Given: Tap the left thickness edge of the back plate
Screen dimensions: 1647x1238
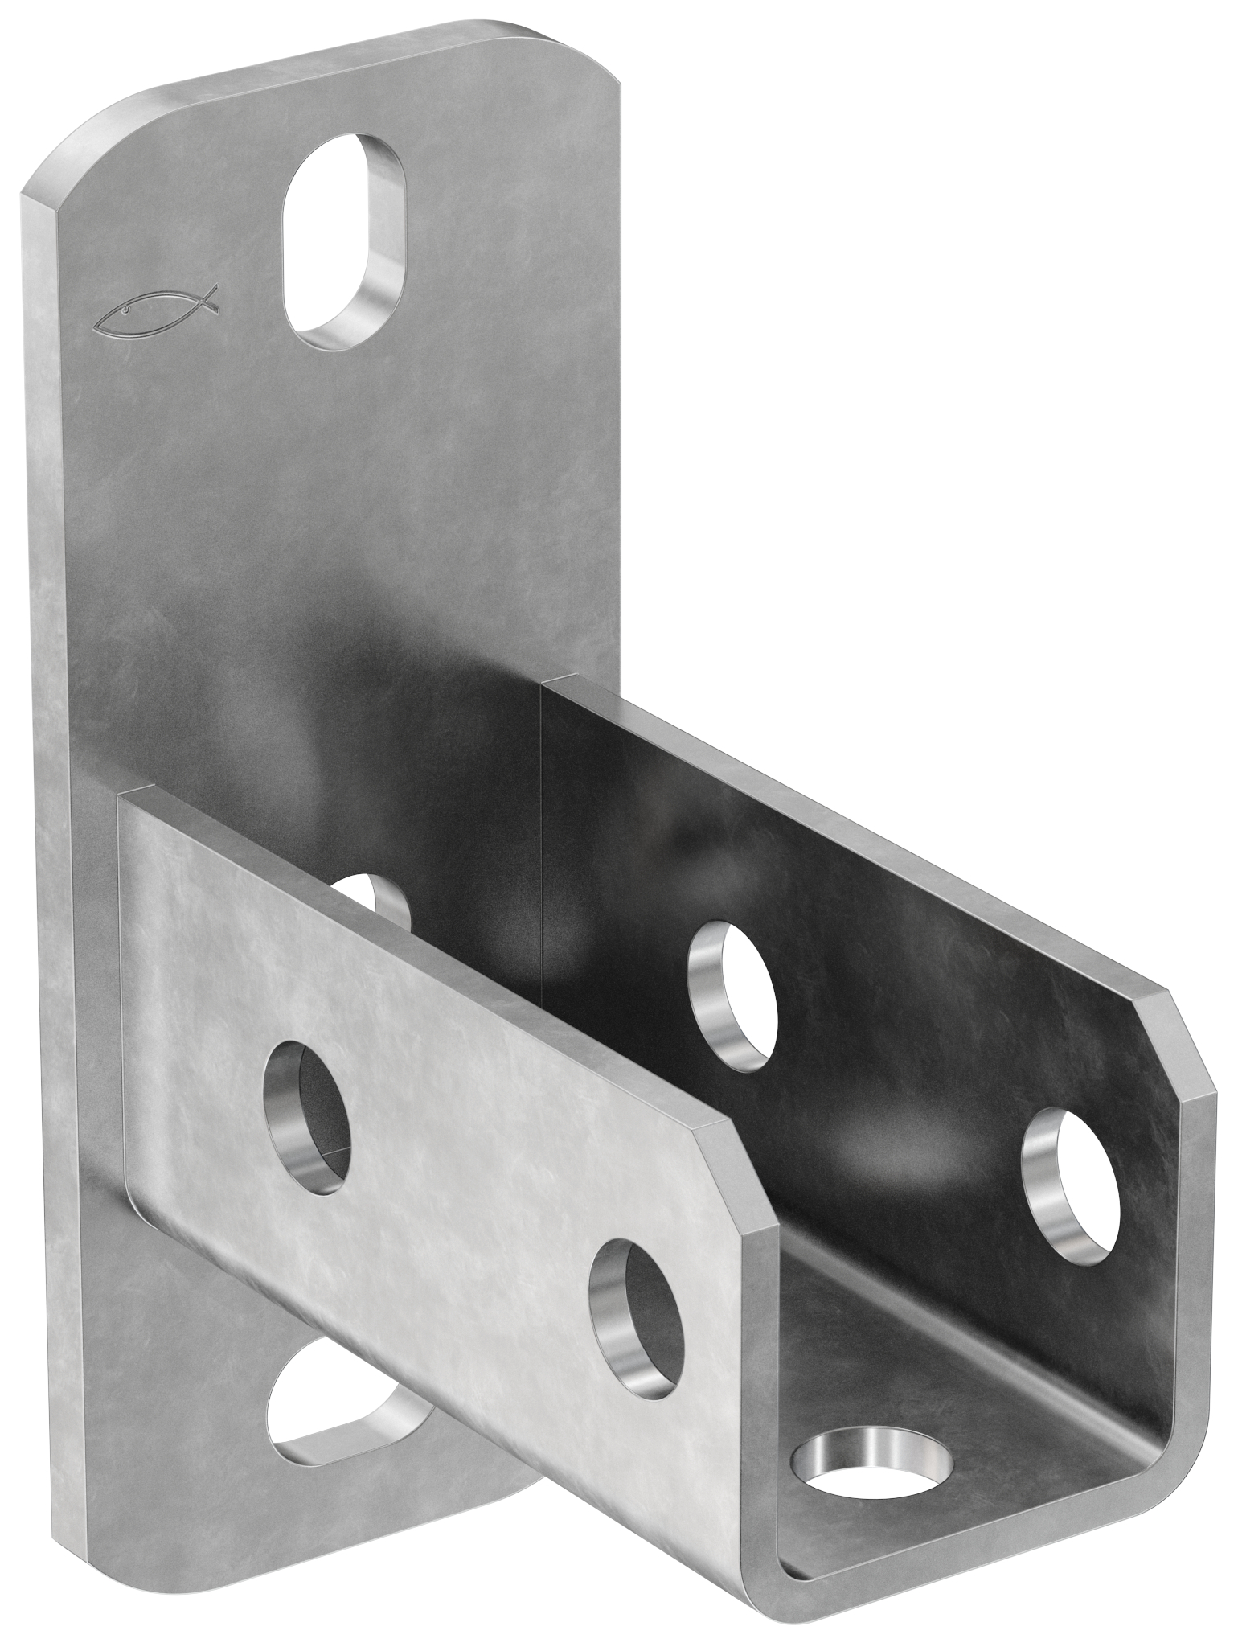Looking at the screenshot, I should (x=48, y=804).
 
